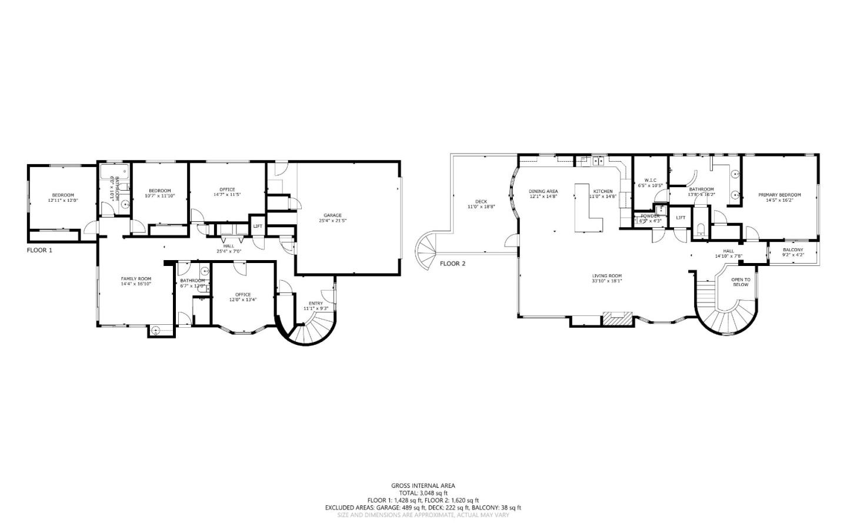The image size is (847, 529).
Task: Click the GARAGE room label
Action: click(x=332, y=215)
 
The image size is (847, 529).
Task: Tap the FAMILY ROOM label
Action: click(x=136, y=278)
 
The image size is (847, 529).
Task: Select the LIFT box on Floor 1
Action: click(x=258, y=226)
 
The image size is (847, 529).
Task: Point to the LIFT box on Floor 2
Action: click(x=681, y=218)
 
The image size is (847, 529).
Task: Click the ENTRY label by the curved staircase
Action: click(x=315, y=304)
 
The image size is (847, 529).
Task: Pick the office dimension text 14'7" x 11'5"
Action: click(x=227, y=194)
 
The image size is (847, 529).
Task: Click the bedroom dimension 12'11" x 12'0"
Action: click(x=63, y=201)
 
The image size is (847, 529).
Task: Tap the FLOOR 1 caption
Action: click(x=39, y=250)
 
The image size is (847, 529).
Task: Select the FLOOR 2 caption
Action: click(x=452, y=264)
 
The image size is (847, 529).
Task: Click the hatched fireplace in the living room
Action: click(x=617, y=320)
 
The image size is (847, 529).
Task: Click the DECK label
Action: click(x=481, y=202)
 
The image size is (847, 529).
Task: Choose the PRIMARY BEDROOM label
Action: click(x=779, y=195)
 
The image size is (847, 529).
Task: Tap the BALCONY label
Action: click(x=793, y=249)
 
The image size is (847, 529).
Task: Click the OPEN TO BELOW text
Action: click(x=741, y=282)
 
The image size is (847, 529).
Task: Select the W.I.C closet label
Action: click(x=650, y=180)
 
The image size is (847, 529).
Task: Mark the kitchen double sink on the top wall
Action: click(x=599, y=160)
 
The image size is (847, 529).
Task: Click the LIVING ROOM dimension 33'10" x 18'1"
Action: click(x=606, y=281)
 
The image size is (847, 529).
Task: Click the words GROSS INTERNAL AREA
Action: click(x=423, y=485)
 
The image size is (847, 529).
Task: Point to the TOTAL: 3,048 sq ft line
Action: click(x=423, y=493)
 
